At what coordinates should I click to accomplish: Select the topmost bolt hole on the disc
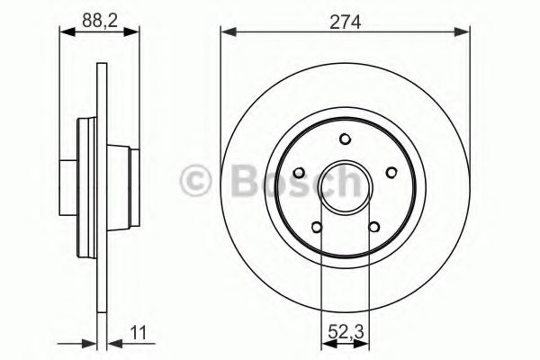click(x=346, y=139)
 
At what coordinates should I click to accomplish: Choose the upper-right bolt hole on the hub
click(x=391, y=173)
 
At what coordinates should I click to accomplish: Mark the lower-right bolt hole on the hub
click(x=373, y=226)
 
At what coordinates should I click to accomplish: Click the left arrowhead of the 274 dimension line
click(x=227, y=33)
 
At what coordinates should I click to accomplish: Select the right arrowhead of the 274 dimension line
click(x=465, y=33)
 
